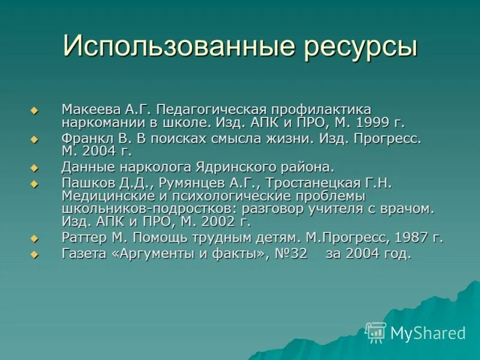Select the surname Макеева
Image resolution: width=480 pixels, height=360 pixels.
pos(88,110)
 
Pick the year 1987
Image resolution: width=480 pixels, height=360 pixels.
pos(408,238)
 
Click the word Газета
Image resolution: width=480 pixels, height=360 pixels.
pos(84,253)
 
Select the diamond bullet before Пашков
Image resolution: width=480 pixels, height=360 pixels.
pos(34,183)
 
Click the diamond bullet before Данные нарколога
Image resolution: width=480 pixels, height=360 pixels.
pos(34,167)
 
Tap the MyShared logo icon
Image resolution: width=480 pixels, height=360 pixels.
pos(376,332)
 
